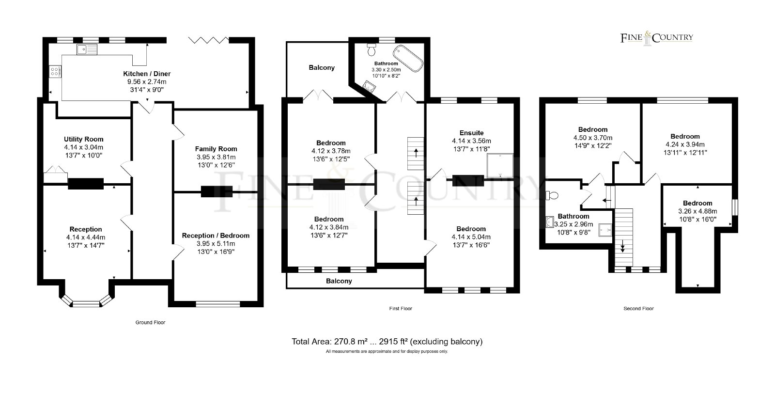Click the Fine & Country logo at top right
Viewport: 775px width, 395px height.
pos(657,38)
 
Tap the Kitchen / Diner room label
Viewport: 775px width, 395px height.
pos(147,74)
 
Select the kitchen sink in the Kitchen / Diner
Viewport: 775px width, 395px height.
pos(87,49)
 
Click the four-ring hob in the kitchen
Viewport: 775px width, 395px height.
pos(55,72)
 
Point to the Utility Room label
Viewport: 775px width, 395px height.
pos(84,139)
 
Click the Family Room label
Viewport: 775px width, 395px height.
pos(216,149)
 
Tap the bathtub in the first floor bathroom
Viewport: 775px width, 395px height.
pos(408,58)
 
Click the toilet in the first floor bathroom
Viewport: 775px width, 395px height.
pos(372,50)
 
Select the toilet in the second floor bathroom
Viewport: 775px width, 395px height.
pos(552,196)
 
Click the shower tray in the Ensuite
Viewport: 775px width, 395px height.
pos(500,165)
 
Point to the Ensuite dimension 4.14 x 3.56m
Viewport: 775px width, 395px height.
pos(471,141)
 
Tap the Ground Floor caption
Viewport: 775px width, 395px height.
pos(150,322)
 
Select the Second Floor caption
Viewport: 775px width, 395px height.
pos(638,308)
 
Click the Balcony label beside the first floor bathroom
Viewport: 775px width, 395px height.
pos(322,67)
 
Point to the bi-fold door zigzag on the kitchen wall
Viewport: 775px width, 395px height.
pos(209,40)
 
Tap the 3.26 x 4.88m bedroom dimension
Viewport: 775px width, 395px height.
pos(697,211)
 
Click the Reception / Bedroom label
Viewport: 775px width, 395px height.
pos(216,236)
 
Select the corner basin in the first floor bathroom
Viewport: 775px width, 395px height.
pos(368,86)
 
